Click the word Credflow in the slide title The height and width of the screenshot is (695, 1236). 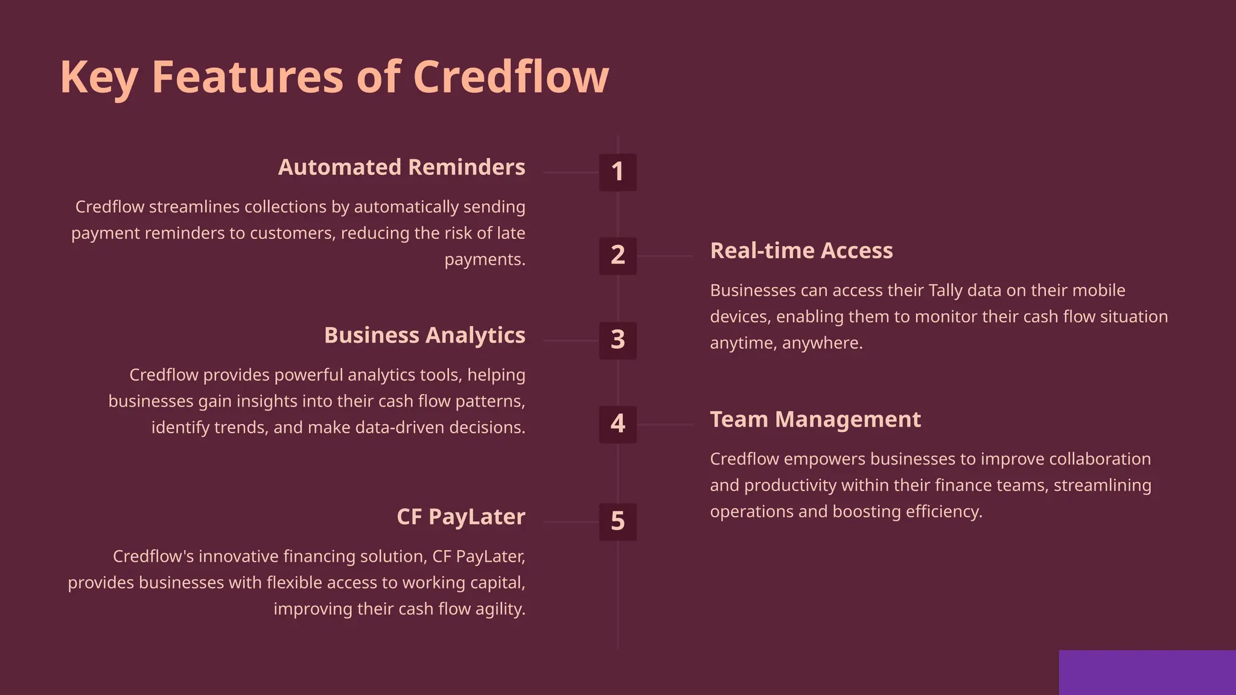pyautogui.click(x=511, y=77)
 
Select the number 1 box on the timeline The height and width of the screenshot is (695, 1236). pyautogui.click(x=617, y=172)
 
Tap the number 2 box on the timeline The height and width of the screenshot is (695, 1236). pyautogui.click(x=617, y=256)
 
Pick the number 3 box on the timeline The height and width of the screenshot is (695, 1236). pyautogui.click(x=617, y=340)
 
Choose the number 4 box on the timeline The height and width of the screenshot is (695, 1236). pyautogui.click(x=617, y=424)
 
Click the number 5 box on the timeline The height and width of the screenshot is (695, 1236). pyautogui.click(x=617, y=521)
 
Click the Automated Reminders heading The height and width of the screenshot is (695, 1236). pyautogui.click(x=401, y=167)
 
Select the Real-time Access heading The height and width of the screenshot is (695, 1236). pyautogui.click(x=801, y=250)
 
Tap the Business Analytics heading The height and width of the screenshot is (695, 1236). pyautogui.click(x=424, y=335)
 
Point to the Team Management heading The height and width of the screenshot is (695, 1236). pyautogui.click(x=815, y=419)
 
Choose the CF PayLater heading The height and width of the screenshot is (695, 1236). pyautogui.click(x=460, y=517)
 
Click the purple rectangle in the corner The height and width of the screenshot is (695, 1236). pyautogui.click(x=1147, y=672)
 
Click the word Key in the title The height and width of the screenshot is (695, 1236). pyautogui.click(x=99, y=77)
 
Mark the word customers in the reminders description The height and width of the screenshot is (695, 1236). pyautogui.click(x=292, y=233)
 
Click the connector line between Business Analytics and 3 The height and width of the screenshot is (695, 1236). pyautogui.click(x=570, y=340)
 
